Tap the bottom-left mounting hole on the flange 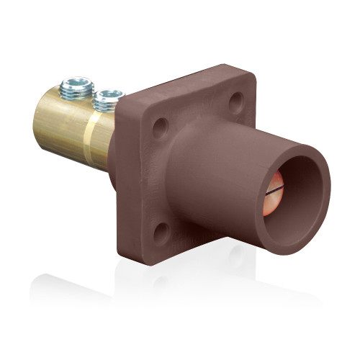pos(161,230)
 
